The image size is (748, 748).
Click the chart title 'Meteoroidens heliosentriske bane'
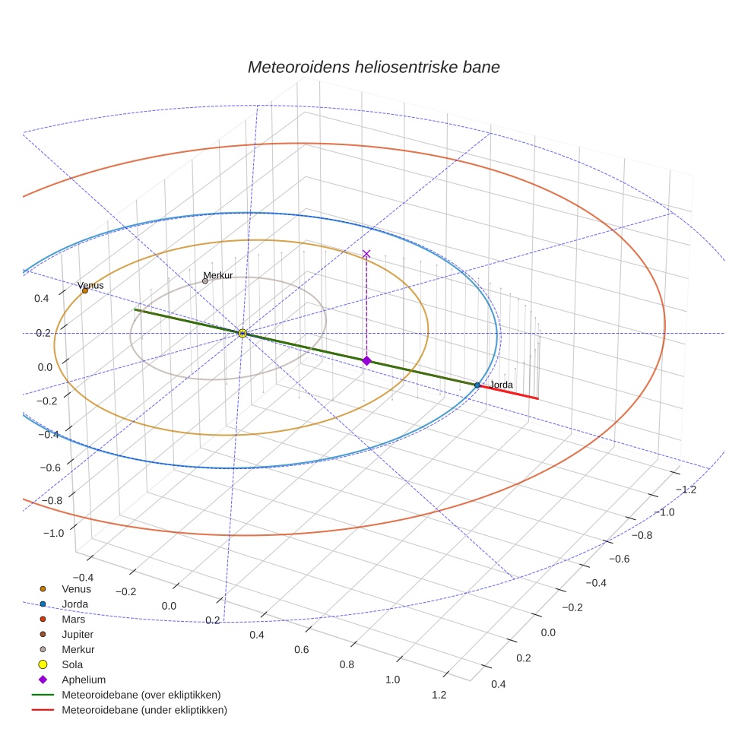373,67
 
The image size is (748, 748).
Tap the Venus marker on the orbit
84,290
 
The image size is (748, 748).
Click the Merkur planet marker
205,281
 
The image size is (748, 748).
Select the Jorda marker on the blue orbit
477,385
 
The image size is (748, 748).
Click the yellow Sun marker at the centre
242,333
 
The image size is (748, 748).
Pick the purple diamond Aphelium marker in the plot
366,360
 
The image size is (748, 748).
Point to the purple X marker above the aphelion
366,253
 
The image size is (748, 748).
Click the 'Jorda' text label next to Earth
501,385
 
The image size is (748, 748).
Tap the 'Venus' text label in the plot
90,285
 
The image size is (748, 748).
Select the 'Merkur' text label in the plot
218,275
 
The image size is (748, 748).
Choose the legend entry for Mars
73,619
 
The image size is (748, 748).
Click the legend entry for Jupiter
78,634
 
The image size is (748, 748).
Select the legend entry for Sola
72,664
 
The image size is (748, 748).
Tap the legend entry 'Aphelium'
83,680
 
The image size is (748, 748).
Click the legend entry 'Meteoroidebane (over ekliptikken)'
141,695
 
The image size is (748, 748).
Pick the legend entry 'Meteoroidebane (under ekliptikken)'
144,710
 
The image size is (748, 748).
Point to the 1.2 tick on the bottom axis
439,694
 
